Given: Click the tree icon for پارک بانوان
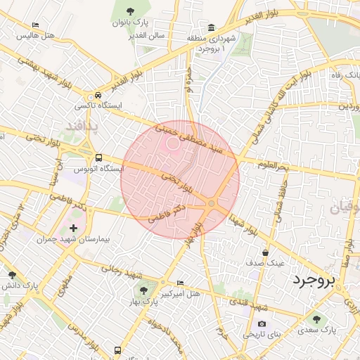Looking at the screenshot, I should [x=131, y=10].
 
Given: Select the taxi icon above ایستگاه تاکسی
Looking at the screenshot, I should [x=98, y=95].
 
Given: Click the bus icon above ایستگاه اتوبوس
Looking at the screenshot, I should [x=98, y=157].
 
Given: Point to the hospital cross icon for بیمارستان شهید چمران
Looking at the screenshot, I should [x=73, y=228].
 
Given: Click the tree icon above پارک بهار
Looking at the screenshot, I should [x=143, y=290].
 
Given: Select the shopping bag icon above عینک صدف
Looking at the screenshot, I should [x=265, y=252].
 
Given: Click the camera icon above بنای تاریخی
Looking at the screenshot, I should [x=262, y=324].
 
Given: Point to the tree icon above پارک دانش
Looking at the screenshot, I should [x=11, y=274].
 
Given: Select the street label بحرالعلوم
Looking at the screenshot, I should [x=272, y=166].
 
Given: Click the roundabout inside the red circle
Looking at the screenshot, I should [x=211, y=203].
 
